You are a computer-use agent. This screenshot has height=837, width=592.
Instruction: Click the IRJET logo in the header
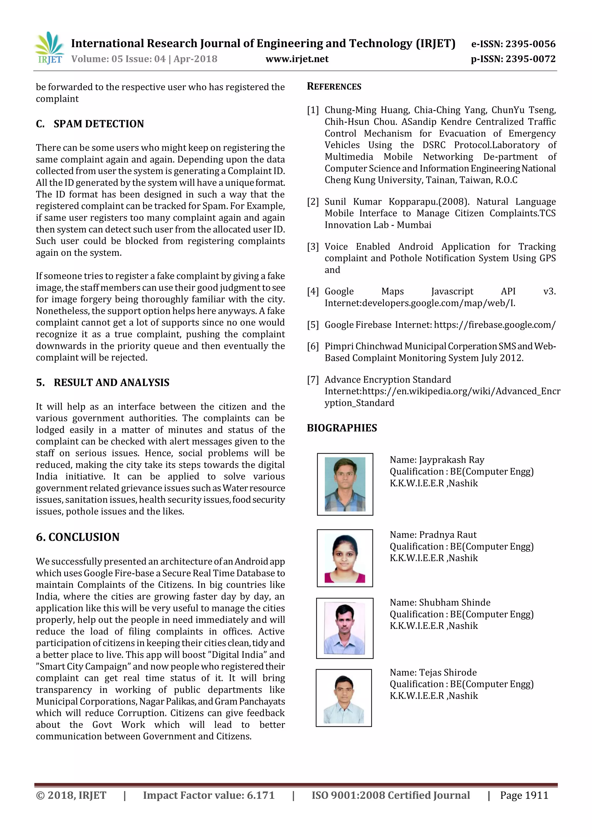coord(49,48)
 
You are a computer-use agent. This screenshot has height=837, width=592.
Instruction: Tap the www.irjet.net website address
coord(297,59)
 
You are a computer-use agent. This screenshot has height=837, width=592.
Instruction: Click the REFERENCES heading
coord(334,86)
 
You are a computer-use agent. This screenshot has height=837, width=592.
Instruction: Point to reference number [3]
coord(313,247)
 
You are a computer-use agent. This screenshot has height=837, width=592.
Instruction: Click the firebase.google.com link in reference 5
coord(495,325)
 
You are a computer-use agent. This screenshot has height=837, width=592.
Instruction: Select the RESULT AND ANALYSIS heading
coord(111,382)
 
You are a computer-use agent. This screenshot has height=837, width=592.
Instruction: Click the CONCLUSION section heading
coord(84,537)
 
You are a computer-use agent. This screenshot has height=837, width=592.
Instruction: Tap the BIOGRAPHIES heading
coord(342,428)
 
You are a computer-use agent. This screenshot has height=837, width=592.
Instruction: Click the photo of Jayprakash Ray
coord(345,484)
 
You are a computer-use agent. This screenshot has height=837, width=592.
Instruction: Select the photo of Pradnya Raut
coord(345,558)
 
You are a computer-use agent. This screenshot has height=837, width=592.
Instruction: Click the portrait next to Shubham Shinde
coord(345,628)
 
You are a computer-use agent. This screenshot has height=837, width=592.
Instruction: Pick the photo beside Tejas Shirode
coord(343,698)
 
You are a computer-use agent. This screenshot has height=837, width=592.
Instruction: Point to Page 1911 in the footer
coord(524,795)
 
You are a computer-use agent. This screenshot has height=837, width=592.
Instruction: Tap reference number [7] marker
coord(313,380)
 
